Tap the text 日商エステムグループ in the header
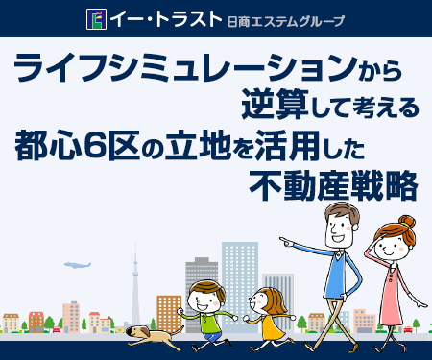coord(284,20)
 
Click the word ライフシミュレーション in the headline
coord(178,69)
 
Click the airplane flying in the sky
coord(76,264)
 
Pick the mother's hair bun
coord(408,223)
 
